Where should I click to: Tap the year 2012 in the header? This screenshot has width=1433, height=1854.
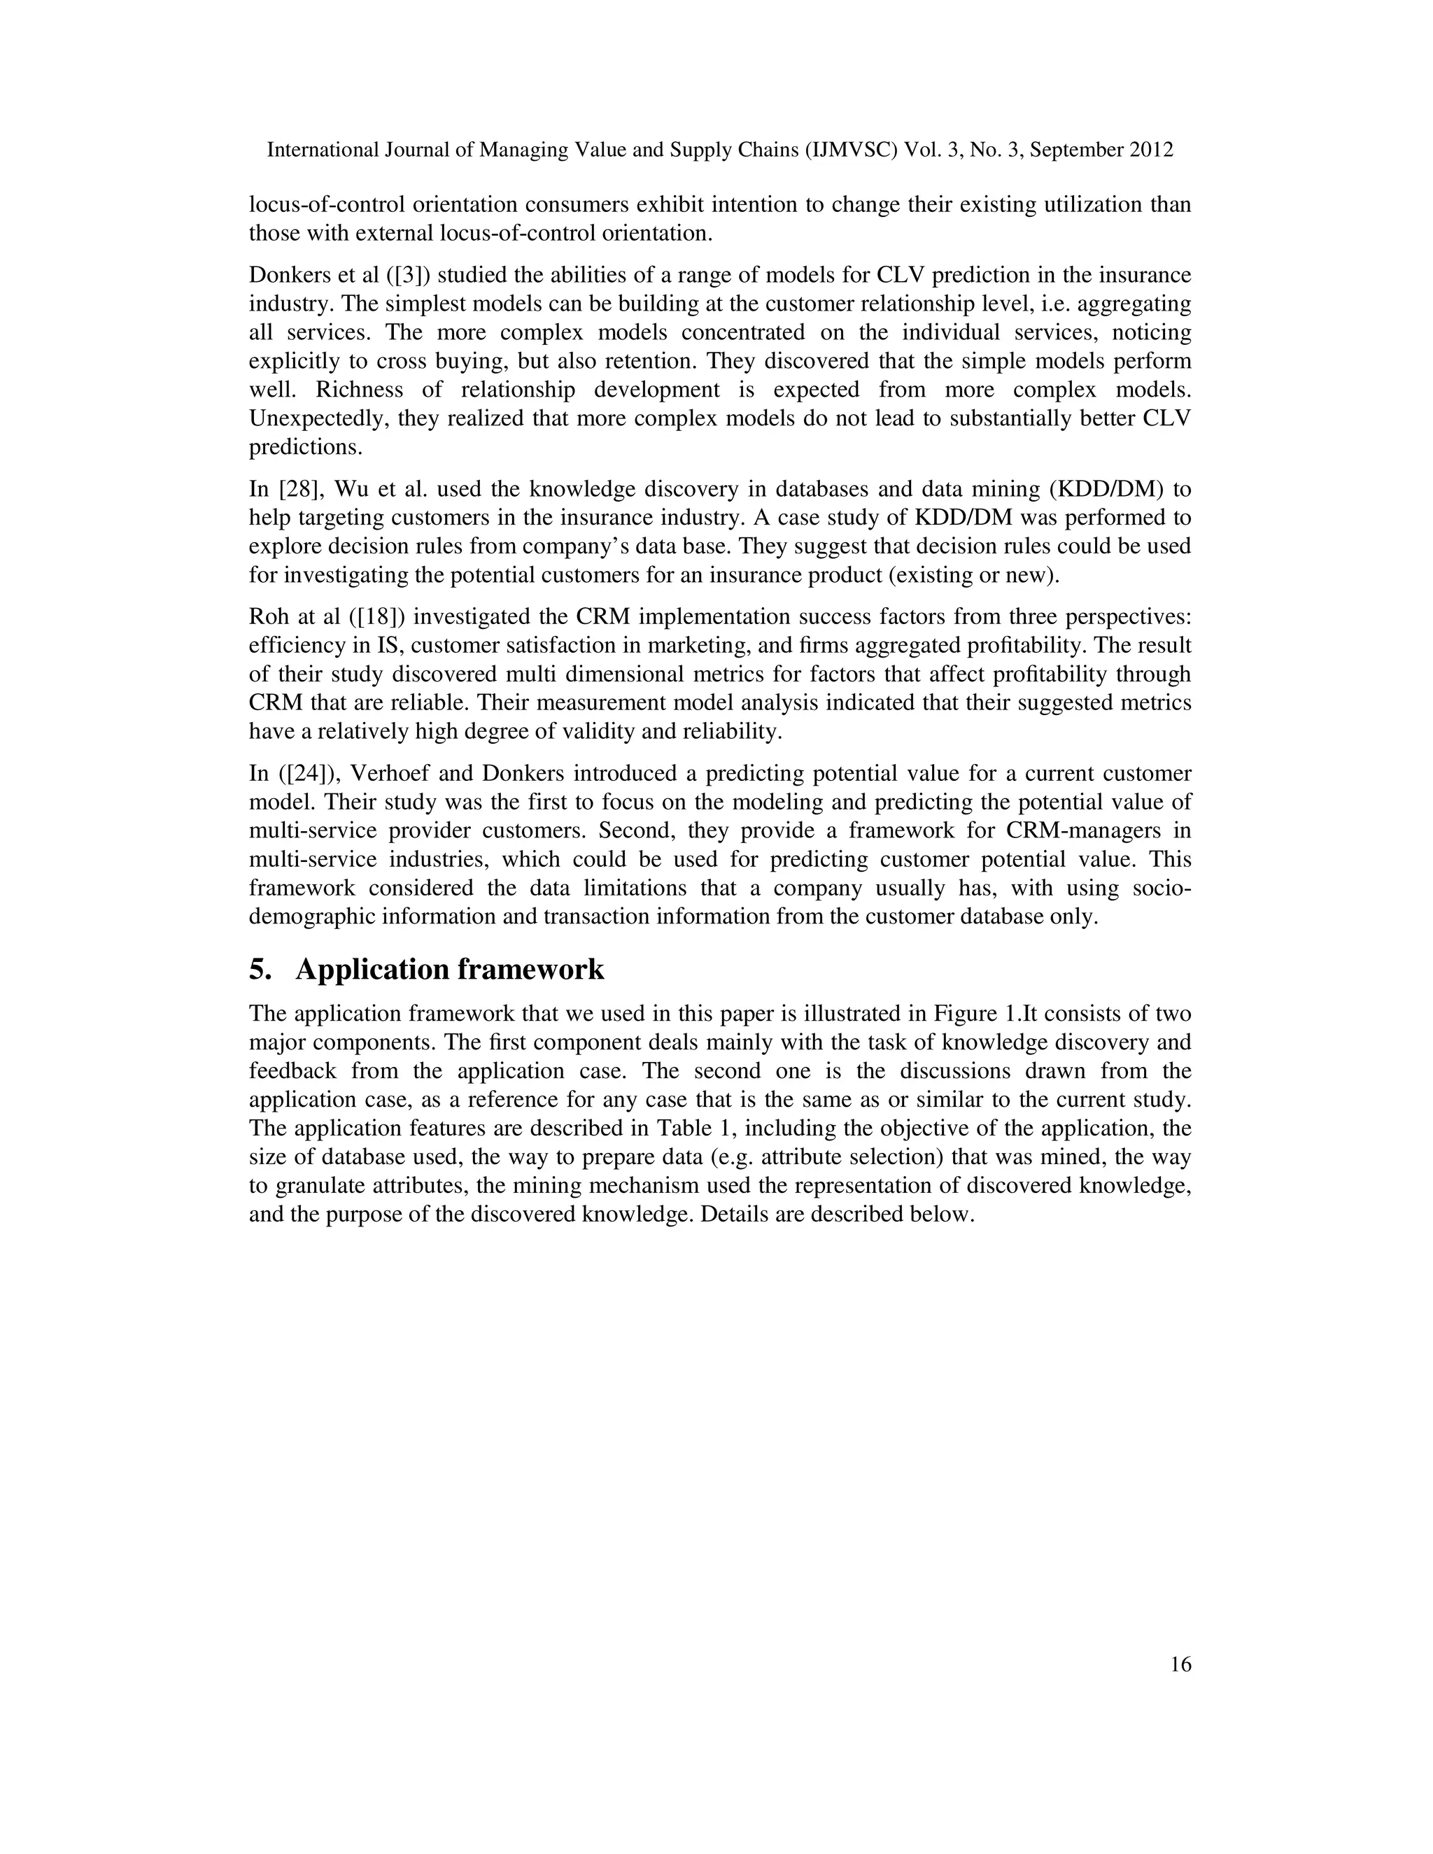tap(1151, 150)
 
